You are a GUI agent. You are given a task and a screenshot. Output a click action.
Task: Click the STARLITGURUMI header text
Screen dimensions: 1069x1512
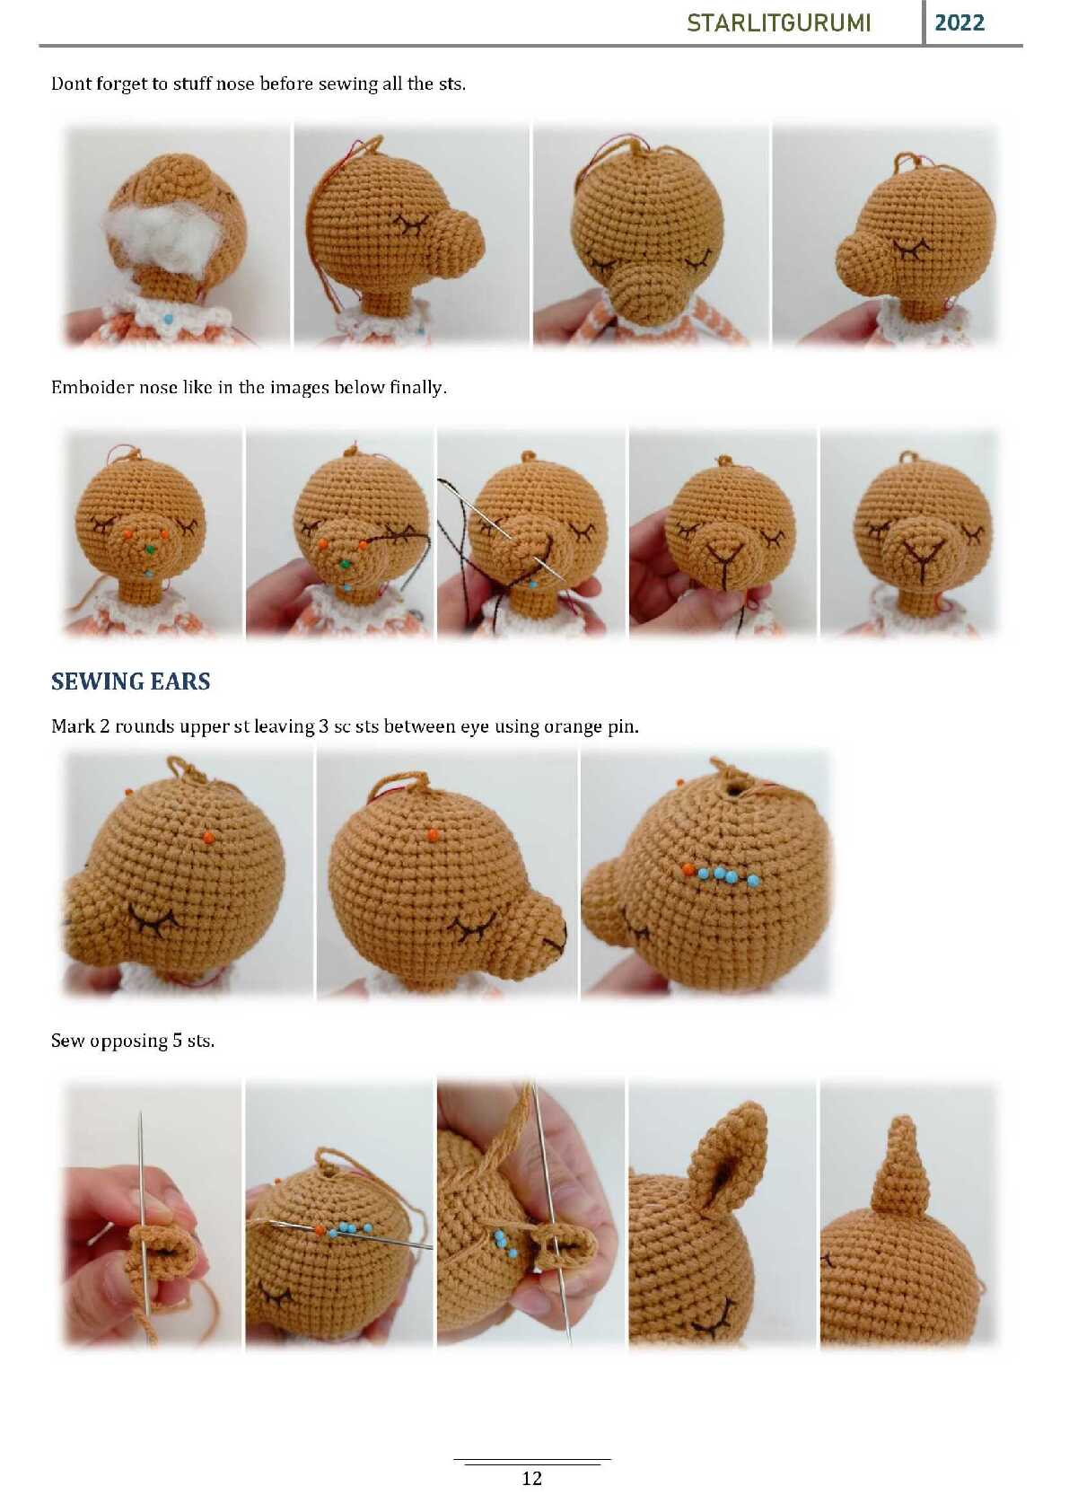coord(779,23)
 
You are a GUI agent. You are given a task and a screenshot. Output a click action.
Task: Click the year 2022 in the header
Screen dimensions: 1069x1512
coord(959,23)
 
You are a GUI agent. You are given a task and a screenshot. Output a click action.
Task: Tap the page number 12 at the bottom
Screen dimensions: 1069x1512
coord(531,1478)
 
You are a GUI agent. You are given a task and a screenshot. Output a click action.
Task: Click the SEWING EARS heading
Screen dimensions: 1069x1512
coord(131,681)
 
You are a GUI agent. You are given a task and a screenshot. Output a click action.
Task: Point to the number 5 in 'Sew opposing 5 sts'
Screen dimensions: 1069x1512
coord(177,1041)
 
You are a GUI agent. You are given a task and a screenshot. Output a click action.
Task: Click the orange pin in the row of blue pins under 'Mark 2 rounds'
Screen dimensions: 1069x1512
coord(688,869)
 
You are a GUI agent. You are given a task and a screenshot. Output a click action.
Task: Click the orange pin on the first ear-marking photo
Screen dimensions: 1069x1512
coord(209,838)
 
